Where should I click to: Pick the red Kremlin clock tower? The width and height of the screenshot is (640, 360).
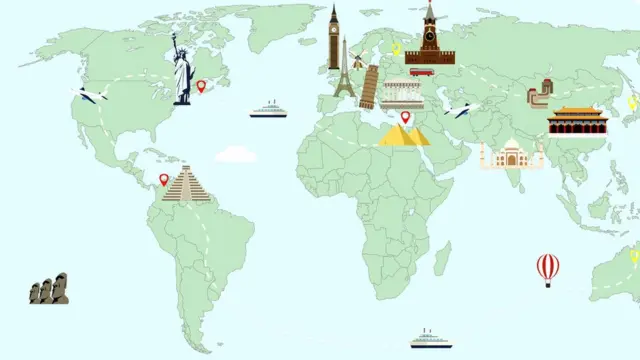click(x=430, y=35)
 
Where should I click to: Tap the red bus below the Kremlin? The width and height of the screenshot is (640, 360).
click(x=421, y=72)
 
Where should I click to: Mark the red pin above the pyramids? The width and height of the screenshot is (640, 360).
click(x=405, y=118)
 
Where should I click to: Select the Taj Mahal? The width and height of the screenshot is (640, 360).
click(x=512, y=154)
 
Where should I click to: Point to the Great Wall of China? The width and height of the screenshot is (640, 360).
click(x=540, y=96)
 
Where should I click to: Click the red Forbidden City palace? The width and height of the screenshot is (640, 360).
click(x=574, y=120)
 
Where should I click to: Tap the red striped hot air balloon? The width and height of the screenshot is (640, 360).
click(x=548, y=268)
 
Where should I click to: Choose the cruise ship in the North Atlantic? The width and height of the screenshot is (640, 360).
click(x=268, y=109)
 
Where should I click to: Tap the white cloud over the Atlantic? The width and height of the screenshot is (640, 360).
click(x=236, y=154)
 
